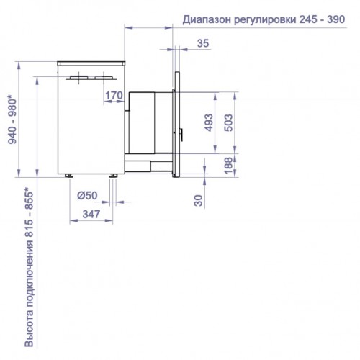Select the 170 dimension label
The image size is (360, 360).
(x=112, y=95)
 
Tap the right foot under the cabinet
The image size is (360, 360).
(x=113, y=176)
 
